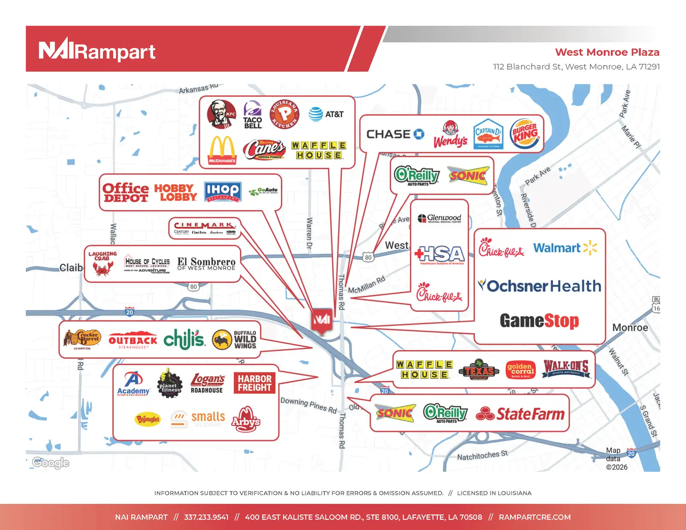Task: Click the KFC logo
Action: (x=221, y=114)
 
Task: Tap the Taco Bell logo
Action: (x=253, y=115)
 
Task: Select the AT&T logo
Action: (x=326, y=114)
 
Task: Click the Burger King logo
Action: (x=524, y=134)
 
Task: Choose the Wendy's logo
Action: (x=450, y=134)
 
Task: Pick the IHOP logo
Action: (x=223, y=191)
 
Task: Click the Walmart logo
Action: (x=565, y=248)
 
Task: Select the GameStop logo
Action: (x=539, y=321)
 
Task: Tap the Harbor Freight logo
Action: (x=255, y=383)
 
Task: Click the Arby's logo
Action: (x=246, y=419)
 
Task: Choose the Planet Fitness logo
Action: (x=169, y=383)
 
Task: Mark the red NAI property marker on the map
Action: (x=322, y=320)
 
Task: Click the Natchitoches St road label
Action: (x=482, y=455)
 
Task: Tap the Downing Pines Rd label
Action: (x=309, y=405)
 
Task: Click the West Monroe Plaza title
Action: (x=607, y=52)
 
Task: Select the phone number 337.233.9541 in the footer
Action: (x=206, y=517)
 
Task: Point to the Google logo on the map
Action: (x=51, y=463)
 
